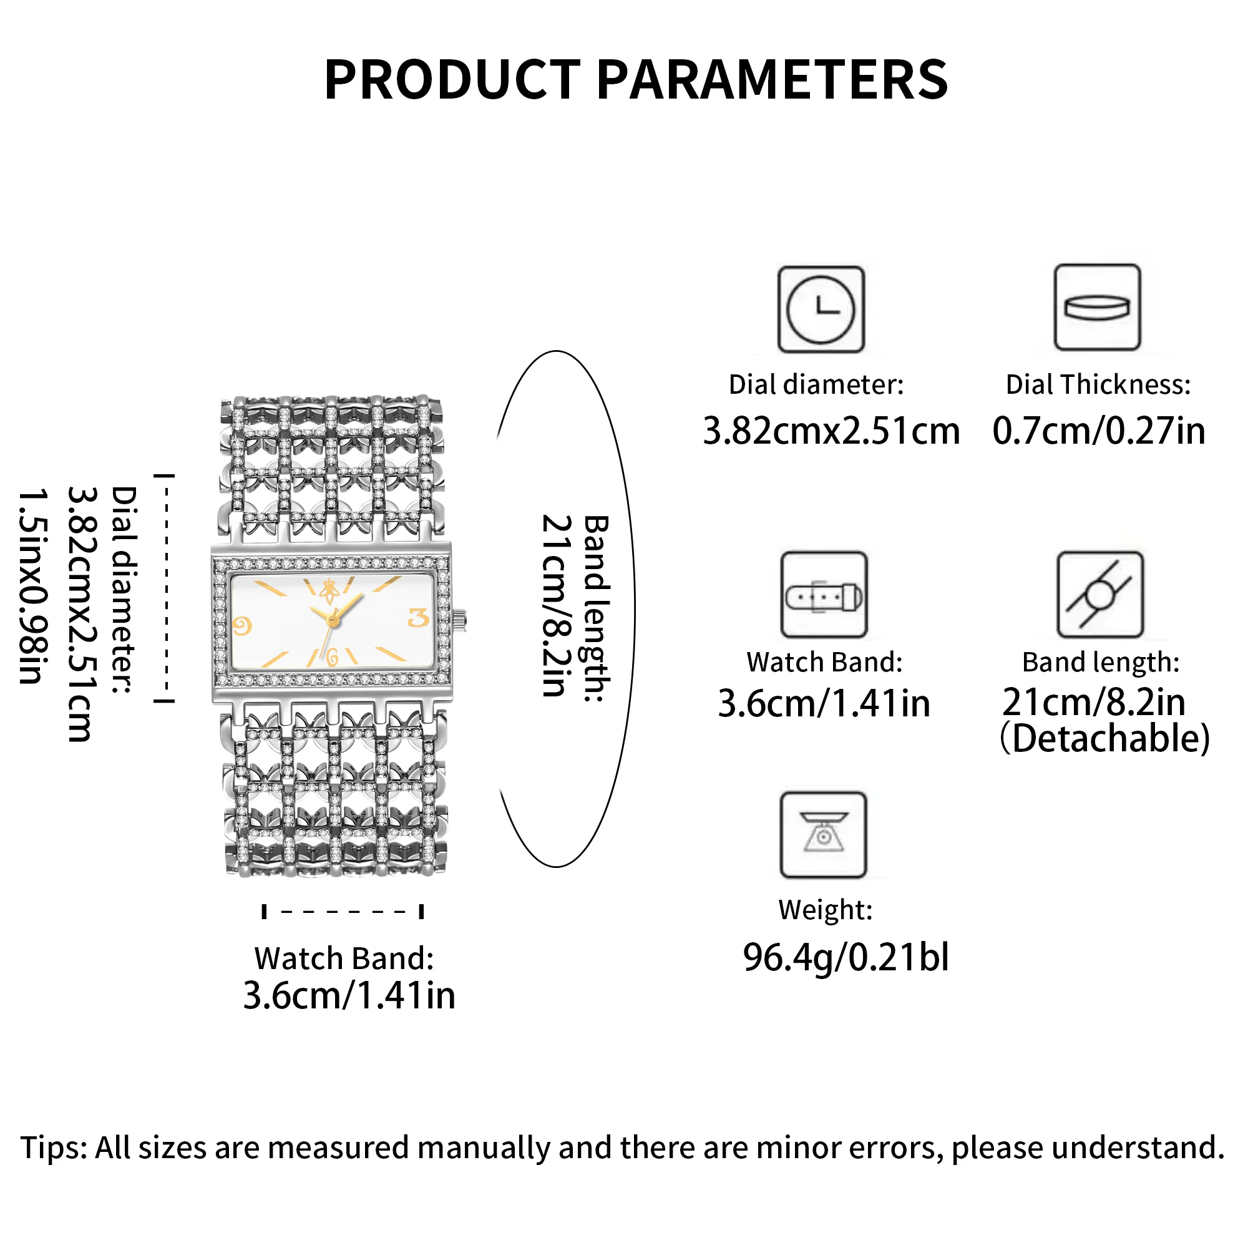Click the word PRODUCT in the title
(452, 80)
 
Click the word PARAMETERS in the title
(772, 80)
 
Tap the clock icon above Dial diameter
(821, 310)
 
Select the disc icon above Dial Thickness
(1097, 308)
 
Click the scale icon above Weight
(824, 836)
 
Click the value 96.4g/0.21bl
(846, 957)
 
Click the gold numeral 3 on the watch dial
(419, 618)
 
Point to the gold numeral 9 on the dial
(241, 625)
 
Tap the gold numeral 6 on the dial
(333, 658)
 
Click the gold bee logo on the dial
(330, 590)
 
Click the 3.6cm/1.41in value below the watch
(349, 995)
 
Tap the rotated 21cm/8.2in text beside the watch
(555, 605)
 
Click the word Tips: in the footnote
(54, 1148)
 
